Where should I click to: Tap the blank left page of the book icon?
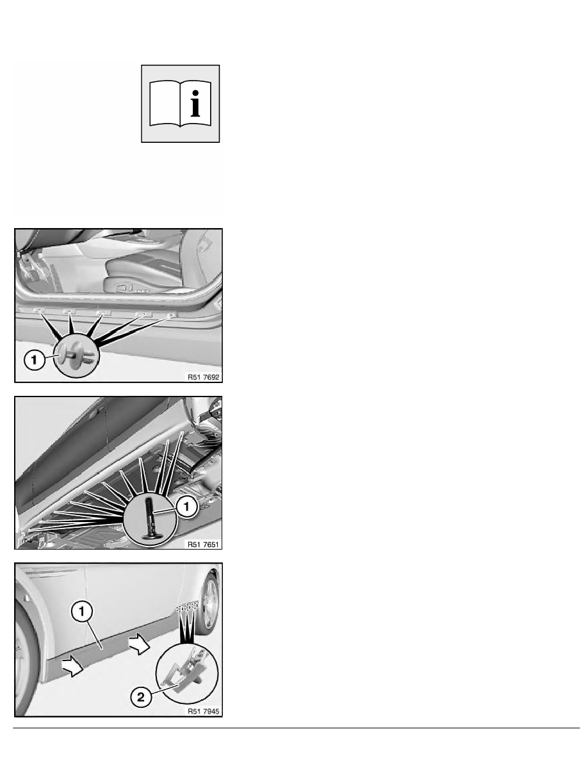(165, 104)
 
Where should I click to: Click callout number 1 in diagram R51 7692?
(34, 360)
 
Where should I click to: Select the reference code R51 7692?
(203, 377)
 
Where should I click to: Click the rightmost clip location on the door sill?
(171, 315)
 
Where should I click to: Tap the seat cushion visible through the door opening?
(145, 277)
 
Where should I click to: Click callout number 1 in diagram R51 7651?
(186, 507)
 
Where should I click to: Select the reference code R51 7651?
(203, 544)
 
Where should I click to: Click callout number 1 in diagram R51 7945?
(81, 612)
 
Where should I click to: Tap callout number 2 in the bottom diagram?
(141, 698)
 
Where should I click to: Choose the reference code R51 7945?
(203, 712)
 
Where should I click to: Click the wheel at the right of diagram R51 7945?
(209, 602)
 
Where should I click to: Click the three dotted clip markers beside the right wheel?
(187, 606)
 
